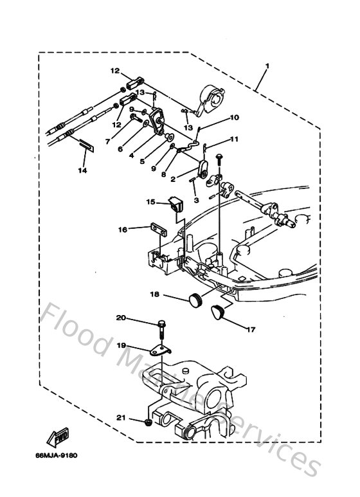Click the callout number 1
click(267, 66)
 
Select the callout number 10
click(234, 118)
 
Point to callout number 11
click(234, 139)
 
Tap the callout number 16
click(122, 228)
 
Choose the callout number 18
click(155, 295)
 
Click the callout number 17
click(251, 329)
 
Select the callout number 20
click(121, 318)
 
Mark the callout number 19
click(121, 345)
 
